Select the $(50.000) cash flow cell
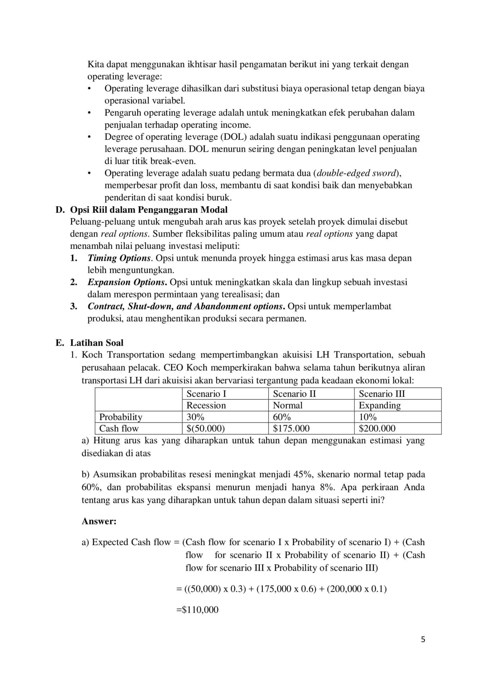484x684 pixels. tap(205, 428)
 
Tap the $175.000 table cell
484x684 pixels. tap(291, 428)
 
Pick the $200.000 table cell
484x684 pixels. tap(377, 428)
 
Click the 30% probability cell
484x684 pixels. tap(195, 417)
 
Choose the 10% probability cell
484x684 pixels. tap(367, 417)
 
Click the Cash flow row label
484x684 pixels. tap(119, 428)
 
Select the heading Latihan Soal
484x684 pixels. tap(97, 343)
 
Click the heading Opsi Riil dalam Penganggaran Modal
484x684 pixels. tap(148, 210)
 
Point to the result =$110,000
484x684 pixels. tap(198, 610)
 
